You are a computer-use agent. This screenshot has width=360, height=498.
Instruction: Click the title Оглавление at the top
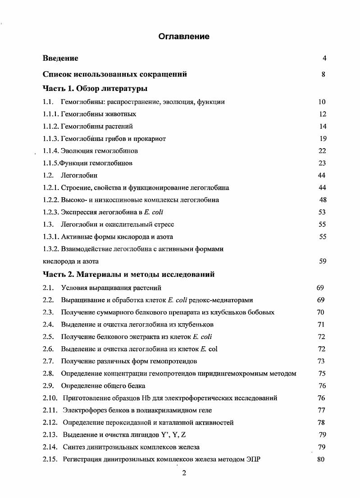184,36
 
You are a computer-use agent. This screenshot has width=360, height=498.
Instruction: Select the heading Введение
60,58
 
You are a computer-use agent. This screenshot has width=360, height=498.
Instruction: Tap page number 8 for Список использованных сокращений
324,74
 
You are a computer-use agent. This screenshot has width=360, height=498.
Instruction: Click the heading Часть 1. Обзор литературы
95,88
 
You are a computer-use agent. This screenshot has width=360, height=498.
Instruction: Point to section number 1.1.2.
51,127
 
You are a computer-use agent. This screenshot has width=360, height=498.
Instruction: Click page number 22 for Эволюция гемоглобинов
322,151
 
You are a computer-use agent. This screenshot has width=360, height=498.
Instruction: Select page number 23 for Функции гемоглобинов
322,163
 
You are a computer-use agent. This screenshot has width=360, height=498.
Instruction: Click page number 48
322,200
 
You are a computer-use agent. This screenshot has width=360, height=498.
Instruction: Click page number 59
322,261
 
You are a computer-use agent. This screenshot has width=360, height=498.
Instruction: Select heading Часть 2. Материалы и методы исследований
128,274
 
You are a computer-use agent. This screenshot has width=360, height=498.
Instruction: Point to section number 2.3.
48,312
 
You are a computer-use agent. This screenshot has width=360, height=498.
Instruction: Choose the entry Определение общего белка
103,386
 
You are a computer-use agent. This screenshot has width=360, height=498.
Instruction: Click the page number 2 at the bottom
183,473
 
